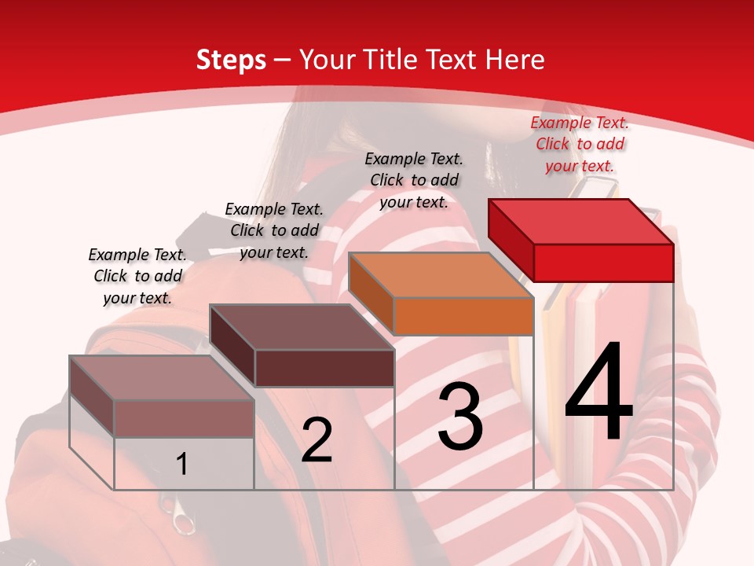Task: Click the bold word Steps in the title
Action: click(x=231, y=60)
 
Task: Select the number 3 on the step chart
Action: click(x=460, y=417)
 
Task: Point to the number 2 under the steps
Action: click(x=317, y=440)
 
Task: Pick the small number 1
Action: click(x=182, y=465)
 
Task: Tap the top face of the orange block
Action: click(x=441, y=275)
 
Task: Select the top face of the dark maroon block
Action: click(x=302, y=327)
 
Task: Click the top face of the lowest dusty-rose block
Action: click(x=162, y=378)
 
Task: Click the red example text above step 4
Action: click(x=580, y=144)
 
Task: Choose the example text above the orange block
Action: click(x=414, y=180)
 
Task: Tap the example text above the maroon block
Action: click(x=274, y=230)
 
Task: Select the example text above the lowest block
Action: click(x=137, y=276)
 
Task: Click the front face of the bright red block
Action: click(x=603, y=263)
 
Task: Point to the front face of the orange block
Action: click(x=463, y=316)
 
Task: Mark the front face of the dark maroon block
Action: click(x=324, y=368)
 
